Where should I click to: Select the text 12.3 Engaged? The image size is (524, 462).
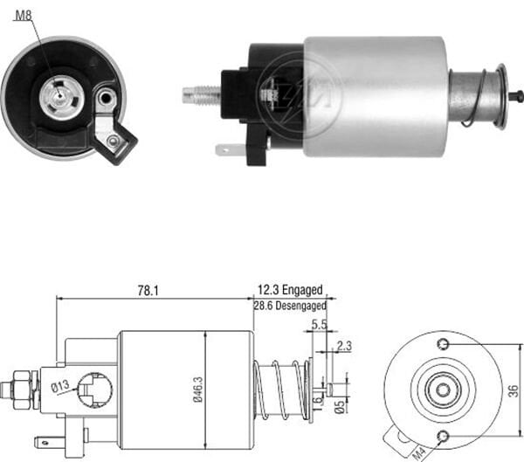coord(289,290)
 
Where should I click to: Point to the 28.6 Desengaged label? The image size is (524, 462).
coord(289,307)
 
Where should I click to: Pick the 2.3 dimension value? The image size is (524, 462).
coord(342,347)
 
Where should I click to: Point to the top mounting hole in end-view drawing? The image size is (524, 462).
coord(444,343)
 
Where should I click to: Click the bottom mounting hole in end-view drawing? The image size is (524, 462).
coord(444,435)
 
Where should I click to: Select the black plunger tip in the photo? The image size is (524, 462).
coord(518,96)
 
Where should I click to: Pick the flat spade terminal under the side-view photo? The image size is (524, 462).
coord(229,150)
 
